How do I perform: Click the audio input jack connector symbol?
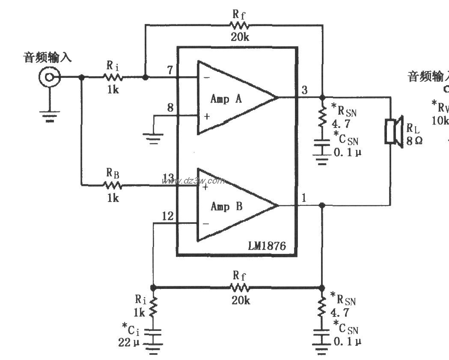(x=48, y=77)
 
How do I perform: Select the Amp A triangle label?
(x=226, y=99)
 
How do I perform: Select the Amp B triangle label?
(x=226, y=206)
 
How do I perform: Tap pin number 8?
(x=170, y=107)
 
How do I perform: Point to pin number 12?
(x=168, y=216)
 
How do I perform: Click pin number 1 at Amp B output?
(x=304, y=198)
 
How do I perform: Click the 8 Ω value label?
(x=414, y=140)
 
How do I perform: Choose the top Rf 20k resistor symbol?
(x=240, y=25)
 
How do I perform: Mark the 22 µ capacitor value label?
(x=130, y=342)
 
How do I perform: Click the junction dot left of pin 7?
(x=145, y=77)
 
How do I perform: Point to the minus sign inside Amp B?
(x=206, y=223)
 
